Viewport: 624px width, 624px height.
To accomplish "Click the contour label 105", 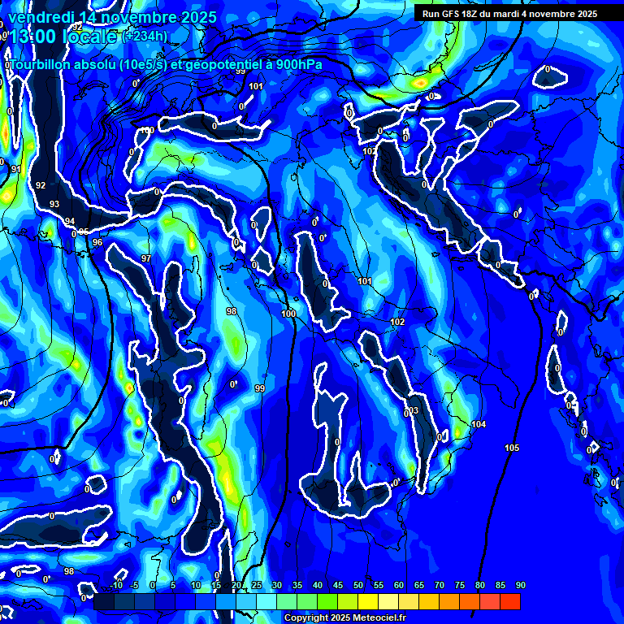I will pyautogui.click(x=512, y=448).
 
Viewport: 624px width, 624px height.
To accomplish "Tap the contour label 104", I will pyautogui.click(x=479, y=425).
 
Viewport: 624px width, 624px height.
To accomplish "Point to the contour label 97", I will pyautogui.click(x=146, y=258).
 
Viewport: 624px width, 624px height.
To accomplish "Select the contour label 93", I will pyautogui.click(x=54, y=204).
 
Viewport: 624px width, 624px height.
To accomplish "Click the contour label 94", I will pyautogui.click(x=70, y=221).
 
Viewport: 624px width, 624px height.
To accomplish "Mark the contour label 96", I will pyautogui.click(x=97, y=242).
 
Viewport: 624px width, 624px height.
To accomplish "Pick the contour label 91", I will pyautogui.click(x=15, y=169).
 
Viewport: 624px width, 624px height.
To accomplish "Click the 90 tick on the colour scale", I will pyautogui.click(x=520, y=585).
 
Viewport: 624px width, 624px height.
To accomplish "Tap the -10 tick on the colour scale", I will pyautogui.click(x=116, y=585).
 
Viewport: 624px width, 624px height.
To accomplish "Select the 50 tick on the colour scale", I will pyautogui.click(x=358, y=585).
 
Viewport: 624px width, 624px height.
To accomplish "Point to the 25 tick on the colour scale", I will pyautogui.click(x=257, y=585).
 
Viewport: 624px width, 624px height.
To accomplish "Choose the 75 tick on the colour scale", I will pyautogui.click(x=460, y=585).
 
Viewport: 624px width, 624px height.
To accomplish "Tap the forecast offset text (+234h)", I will pyautogui.click(x=147, y=36).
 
